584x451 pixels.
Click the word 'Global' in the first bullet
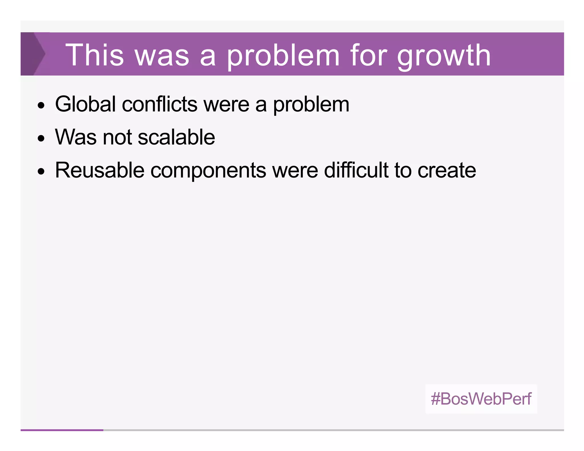click(x=85, y=104)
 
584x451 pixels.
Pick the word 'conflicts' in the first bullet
click(x=159, y=104)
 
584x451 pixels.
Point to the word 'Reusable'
click(x=100, y=170)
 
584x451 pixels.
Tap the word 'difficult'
click(x=356, y=170)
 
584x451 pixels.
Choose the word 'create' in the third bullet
click(x=447, y=171)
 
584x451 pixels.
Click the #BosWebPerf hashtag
click(x=481, y=399)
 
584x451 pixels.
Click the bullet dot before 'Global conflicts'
click(x=41, y=105)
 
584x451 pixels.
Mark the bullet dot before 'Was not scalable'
click(x=41, y=139)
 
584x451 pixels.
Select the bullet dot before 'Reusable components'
click(x=41, y=172)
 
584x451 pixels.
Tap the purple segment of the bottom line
click(x=62, y=430)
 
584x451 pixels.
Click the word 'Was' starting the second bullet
click(x=76, y=137)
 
